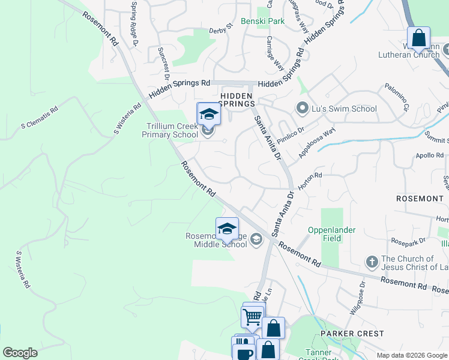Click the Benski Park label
click(262, 21)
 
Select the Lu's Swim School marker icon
click(302, 109)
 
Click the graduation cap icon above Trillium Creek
click(209, 113)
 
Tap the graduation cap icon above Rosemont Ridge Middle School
click(227, 229)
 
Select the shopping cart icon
click(253, 316)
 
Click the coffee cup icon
click(244, 352)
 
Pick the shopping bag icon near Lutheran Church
click(418, 38)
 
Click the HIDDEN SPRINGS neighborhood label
click(237, 100)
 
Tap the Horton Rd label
click(311, 179)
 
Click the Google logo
click(20, 353)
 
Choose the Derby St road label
click(220, 29)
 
